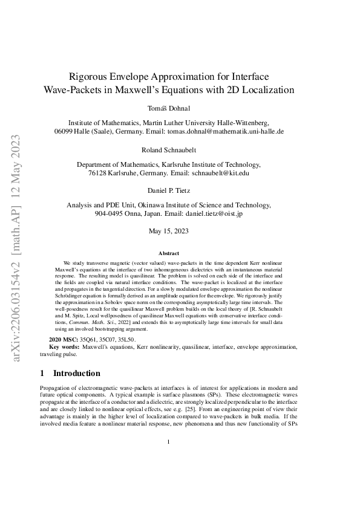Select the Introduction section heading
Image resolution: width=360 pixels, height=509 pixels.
point(77,373)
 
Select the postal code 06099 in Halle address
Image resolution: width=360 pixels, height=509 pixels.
point(65,131)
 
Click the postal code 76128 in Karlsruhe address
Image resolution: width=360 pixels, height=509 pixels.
point(99,172)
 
